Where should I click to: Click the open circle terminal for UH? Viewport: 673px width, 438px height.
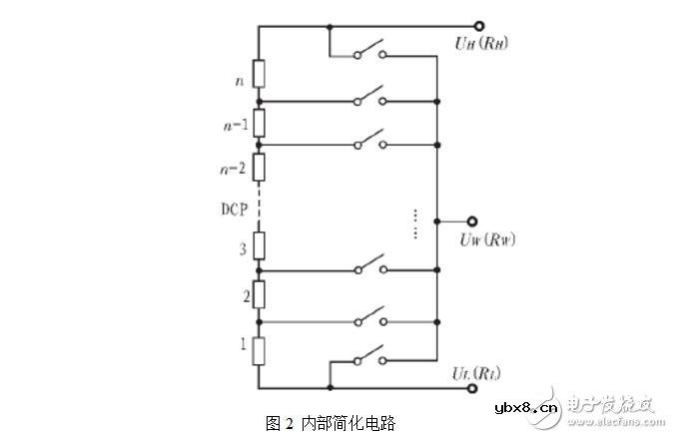pyautogui.click(x=479, y=27)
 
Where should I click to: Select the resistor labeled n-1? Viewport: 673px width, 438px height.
pyautogui.click(x=259, y=123)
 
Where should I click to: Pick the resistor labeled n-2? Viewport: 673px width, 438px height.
pyautogui.click(x=259, y=167)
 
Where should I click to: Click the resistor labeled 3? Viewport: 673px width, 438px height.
pyautogui.click(x=259, y=245)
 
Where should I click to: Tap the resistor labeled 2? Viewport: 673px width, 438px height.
pyautogui.click(x=259, y=294)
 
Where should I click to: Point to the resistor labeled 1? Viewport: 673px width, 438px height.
pyautogui.click(x=259, y=350)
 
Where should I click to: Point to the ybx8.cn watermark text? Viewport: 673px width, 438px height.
pyautogui.click(x=520, y=407)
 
